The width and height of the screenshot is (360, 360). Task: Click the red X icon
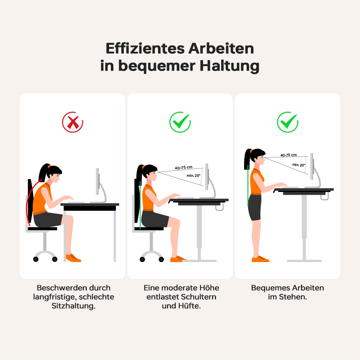click(x=73, y=122)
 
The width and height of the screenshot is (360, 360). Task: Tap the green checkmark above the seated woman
click(x=180, y=122)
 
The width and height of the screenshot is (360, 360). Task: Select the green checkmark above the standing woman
click(x=287, y=122)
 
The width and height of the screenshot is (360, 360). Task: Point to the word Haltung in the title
click(x=226, y=67)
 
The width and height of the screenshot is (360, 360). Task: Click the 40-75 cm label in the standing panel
click(x=289, y=155)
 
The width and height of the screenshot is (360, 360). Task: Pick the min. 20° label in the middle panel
click(x=193, y=176)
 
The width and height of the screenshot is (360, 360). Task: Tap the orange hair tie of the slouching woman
click(x=49, y=167)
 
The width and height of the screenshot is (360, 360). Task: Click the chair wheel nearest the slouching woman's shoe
click(x=55, y=259)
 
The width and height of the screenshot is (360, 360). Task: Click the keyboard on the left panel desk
click(x=76, y=202)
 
